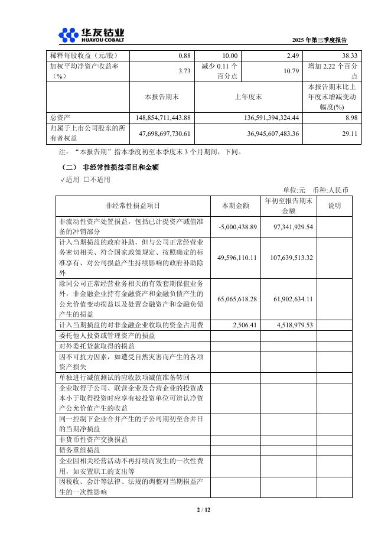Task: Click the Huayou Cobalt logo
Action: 92,35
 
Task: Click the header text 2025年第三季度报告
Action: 320,40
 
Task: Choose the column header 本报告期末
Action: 161,96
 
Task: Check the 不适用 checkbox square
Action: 86,180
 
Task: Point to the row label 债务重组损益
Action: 80,450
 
